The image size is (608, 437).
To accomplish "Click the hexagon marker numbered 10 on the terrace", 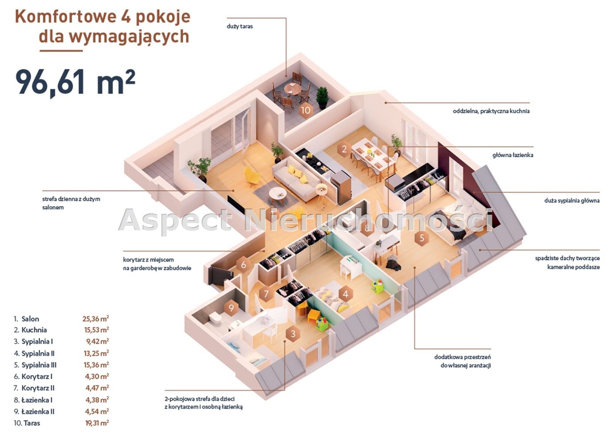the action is coord(306,110).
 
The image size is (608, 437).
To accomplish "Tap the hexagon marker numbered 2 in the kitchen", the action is coord(344,149).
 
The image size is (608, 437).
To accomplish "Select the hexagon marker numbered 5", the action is coord(422,238).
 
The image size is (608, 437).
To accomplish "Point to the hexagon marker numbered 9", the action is coord(231,308).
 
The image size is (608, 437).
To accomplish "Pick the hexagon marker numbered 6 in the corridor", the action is coord(243,265).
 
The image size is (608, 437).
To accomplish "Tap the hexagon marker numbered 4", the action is coord(345,294).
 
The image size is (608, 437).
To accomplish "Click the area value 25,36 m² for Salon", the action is coord(96,319).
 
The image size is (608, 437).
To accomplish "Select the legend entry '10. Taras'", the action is coord(27,423).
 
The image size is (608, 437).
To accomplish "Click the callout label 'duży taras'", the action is coord(239,27).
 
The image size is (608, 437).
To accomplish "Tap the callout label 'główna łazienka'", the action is coord(513,155).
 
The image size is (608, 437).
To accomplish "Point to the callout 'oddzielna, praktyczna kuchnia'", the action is coord(491,111).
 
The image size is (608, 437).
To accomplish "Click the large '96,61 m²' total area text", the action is coord(75,81).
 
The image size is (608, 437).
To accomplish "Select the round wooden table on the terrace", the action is coord(292,89).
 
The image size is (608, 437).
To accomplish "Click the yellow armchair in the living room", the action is coord(252,176).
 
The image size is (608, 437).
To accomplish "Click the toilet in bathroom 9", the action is coord(216,317).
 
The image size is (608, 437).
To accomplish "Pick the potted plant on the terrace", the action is coord(322,98).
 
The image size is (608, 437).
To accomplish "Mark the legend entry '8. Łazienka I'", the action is coord(33,400).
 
